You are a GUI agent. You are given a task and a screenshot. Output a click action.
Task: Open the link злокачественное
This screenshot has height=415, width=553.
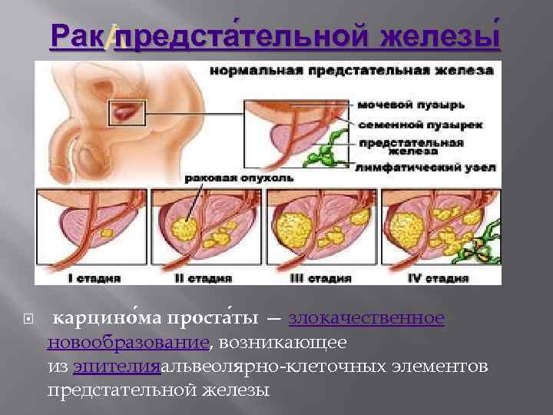(x=366, y=318)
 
